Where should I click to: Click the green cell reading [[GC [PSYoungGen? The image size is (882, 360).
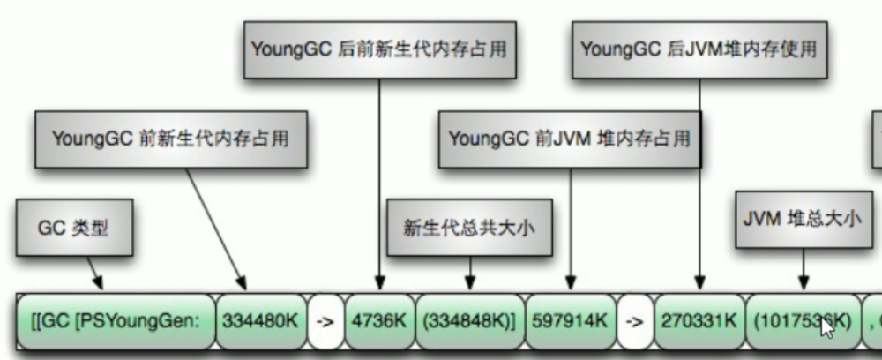click(x=115, y=319)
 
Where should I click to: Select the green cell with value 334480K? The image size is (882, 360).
click(x=260, y=319)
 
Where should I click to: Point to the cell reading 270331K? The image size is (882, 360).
click(x=699, y=319)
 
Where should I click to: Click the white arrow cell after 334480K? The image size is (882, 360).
click(x=324, y=319)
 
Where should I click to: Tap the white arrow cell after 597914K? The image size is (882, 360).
click(x=634, y=319)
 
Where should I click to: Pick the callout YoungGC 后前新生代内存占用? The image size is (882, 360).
click(x=379, y=48)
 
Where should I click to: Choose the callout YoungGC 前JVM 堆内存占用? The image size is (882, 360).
click(x=570, y=139)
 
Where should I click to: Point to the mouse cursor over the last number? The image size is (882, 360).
click(x=826, y=327)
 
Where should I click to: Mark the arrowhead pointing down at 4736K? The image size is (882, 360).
click(x=379, y=282)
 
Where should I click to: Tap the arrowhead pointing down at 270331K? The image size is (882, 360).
click(x=700, y=282)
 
